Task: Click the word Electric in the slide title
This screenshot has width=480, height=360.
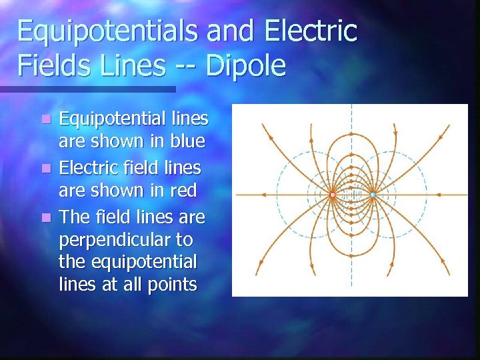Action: pos(310,32)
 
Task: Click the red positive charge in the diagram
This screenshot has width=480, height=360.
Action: pos(332,195)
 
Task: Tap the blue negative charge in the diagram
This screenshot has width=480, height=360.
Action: pos(373,195)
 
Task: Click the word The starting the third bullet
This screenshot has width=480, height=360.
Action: pos(75,217)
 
